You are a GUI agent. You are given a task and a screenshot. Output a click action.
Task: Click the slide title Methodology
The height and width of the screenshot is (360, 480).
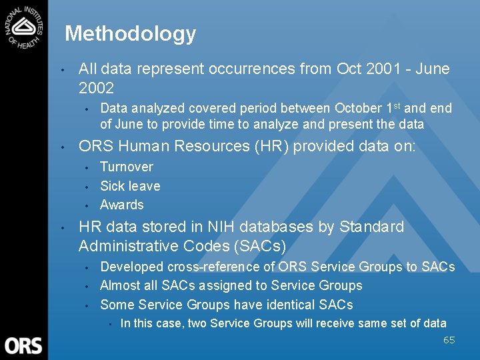131,33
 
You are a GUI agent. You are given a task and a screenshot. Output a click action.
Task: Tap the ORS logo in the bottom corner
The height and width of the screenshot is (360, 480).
23,345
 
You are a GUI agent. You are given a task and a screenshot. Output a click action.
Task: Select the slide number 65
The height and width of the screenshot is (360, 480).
449,340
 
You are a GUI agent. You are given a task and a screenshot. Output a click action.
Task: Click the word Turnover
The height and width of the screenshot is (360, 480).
127,167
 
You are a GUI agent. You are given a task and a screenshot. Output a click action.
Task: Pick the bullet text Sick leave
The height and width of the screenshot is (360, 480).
130,186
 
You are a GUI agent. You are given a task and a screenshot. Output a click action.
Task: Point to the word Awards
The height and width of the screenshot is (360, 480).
122,205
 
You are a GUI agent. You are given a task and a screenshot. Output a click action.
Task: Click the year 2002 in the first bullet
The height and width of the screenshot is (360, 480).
97,88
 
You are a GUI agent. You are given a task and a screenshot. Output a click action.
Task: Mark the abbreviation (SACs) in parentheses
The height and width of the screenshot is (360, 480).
259,246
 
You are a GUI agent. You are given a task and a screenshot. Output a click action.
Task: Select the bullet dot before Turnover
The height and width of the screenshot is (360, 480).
87,167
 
